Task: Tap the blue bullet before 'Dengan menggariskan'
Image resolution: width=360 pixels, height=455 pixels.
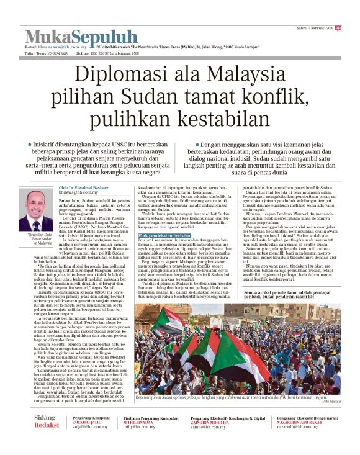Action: click(198, 144)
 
